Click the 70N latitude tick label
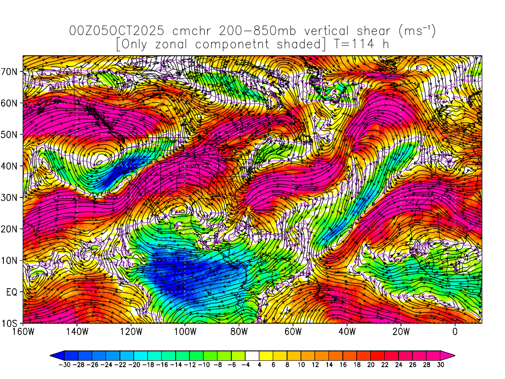pos(10,71)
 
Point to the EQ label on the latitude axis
pos(12,292)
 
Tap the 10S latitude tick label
pos(10,323)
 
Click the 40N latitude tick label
pos(10,166)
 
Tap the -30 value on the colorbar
pos(64,365)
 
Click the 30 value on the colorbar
pos(440,365)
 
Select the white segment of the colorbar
pos(252,355)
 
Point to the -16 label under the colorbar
pos(162,365)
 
